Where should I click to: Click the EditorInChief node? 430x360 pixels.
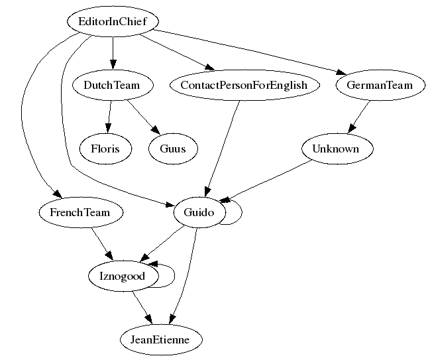pyautogui.click(x=113, y=21)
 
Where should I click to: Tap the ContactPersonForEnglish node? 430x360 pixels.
pyautogui.click(x=244, y=85)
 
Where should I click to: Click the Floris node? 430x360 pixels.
pyautogui.click(x=105, y=149)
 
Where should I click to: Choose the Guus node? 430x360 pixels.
pyautogui.click(x=172, y=149)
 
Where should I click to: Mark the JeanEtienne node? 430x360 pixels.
pyautogui.click(x=160, y=339)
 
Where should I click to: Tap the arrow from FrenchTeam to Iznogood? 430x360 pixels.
pyautogui.click(x=101, y=244)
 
